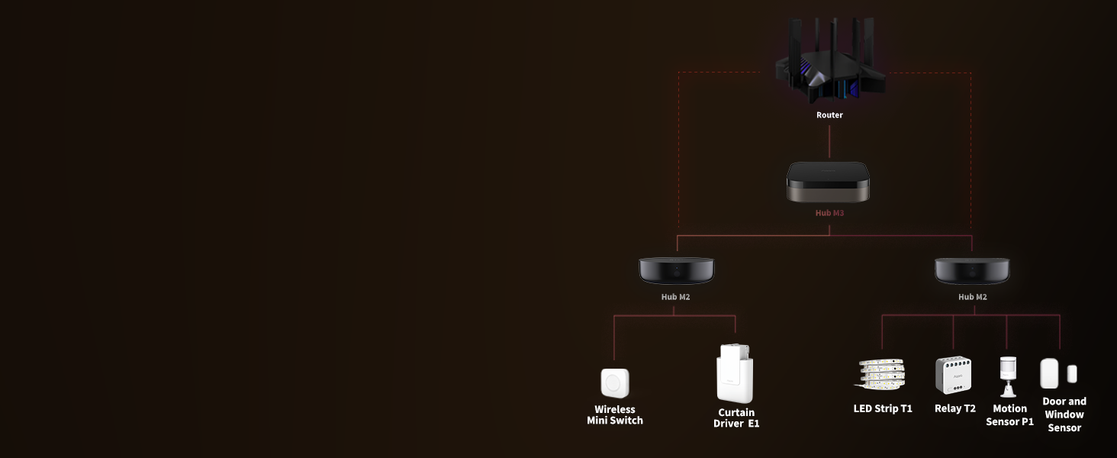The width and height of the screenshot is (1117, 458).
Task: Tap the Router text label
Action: pos(829,115)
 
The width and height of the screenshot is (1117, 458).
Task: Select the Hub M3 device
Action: pos(829,182)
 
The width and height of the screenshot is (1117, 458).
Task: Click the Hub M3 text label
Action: pos(829,213)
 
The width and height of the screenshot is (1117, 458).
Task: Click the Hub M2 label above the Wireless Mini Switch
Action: pos(675,297)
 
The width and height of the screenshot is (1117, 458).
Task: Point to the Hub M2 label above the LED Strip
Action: pos(972,297)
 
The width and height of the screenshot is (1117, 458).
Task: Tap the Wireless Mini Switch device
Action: pos(615,382)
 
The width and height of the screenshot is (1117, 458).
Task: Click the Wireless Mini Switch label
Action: pos(615,415)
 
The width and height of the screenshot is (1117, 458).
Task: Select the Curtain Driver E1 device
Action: pos(735,373)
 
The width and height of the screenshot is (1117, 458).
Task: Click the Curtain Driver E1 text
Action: pos(736,418)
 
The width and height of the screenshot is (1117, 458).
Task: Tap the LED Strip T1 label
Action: pos(883,408)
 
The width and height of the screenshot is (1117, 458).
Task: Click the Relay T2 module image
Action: pos(954,376)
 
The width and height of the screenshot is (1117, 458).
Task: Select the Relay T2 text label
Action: pos(954,408)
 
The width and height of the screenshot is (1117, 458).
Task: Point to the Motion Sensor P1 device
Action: pos(1009,375)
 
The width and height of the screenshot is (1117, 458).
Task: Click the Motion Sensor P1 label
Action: pos(1009,415)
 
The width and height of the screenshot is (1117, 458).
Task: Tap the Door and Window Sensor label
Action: pos(1064,414)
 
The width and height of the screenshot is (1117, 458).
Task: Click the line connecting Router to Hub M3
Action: pos(829,142)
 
